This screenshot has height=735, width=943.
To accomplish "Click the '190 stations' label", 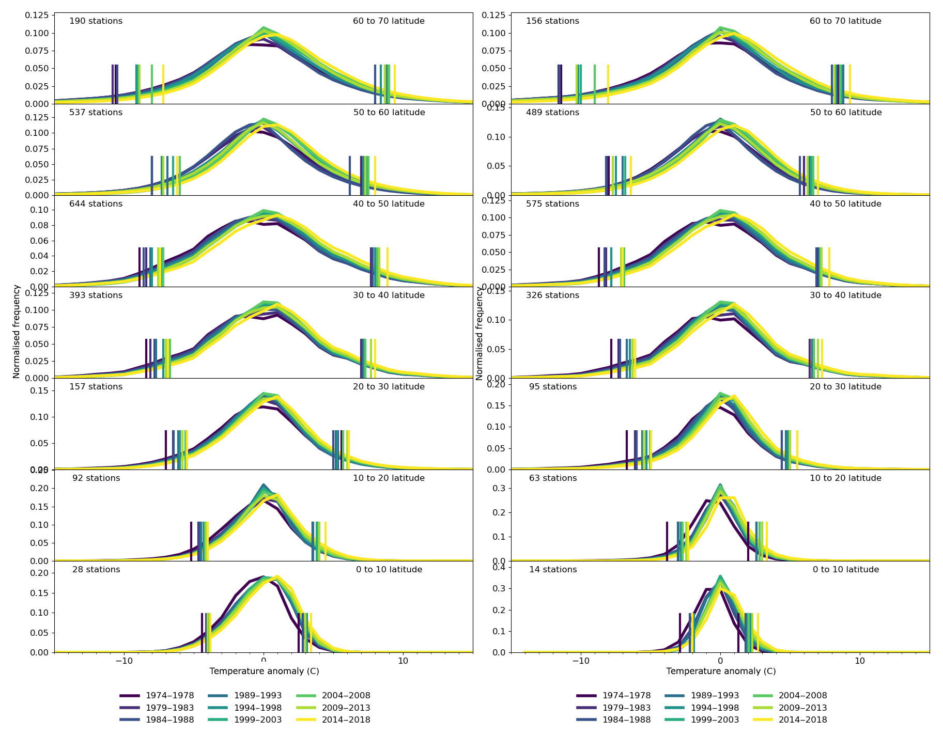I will tap(96, 21).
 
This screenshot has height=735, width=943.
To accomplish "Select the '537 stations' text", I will tap(96, 113).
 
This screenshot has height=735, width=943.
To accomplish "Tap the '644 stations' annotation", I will tap(96, 204).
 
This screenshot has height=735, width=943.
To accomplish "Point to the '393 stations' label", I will tap(96, 295).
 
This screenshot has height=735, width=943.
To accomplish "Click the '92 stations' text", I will tap(96, 478).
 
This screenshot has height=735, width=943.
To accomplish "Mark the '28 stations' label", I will tap(96, 570).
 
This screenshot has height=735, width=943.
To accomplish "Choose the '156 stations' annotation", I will tap(552, 21).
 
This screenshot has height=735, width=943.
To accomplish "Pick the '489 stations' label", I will tap(552, 113).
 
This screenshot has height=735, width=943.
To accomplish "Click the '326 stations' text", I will tap(552, 295).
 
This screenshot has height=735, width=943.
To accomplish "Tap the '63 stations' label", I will tap(553, 478).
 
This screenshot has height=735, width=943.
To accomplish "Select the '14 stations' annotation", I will tap(553, 570).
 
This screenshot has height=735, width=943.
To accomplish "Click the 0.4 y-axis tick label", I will tap(499, 568).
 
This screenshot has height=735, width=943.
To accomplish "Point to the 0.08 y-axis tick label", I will tap(39, 225).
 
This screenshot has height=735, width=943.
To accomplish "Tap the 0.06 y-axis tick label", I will tap(39, 241).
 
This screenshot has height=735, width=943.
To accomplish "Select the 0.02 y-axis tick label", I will tap(39, 271).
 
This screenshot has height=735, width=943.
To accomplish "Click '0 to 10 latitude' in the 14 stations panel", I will tap(845, 570).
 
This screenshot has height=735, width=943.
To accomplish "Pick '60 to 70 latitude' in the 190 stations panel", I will tap(389, 21).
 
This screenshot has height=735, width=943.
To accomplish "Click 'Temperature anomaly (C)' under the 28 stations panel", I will tap(264, 671).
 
